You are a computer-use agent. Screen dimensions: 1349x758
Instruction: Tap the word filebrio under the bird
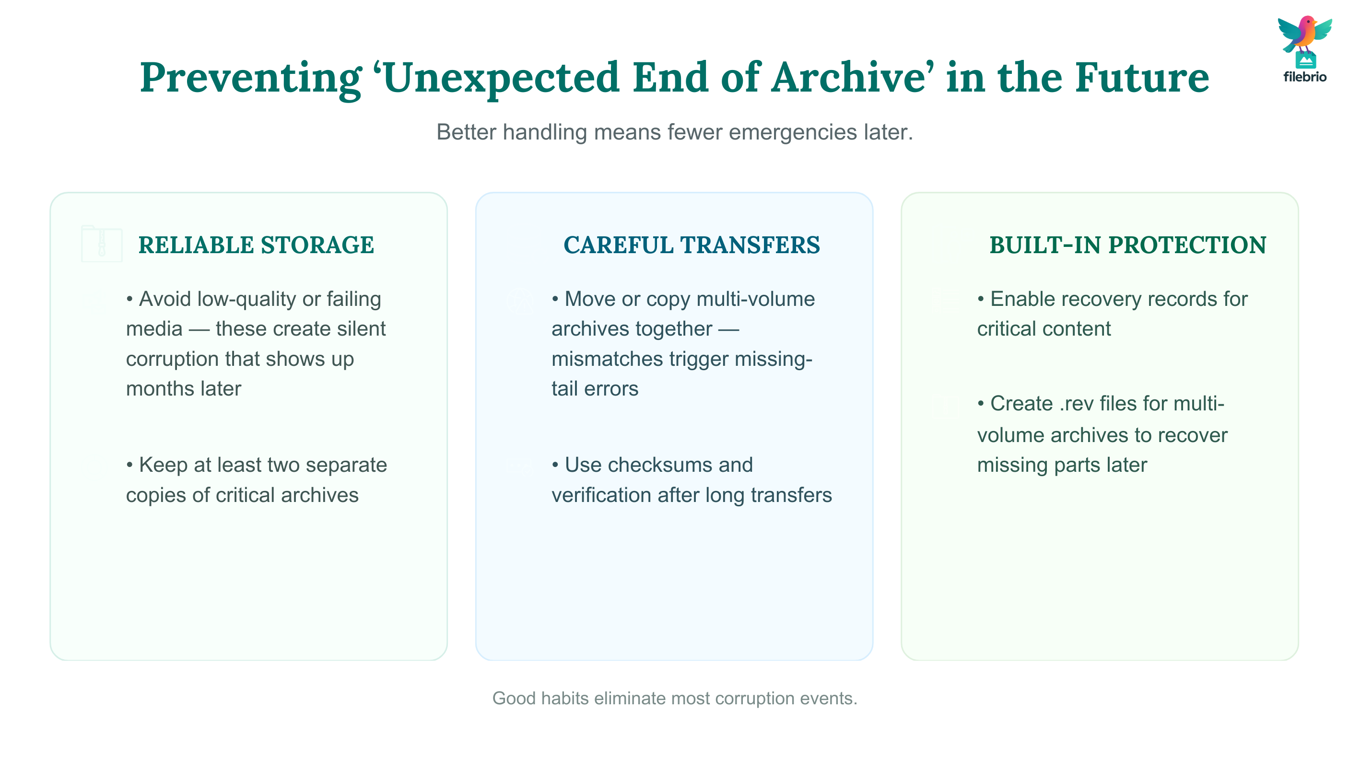pyautogui.click(x=1304, y=77)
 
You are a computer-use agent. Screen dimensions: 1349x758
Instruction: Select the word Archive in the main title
pyautogui.click(x=848, y=78)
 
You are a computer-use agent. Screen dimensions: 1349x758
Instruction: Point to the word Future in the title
pyautogui.click(x=1142, y=78)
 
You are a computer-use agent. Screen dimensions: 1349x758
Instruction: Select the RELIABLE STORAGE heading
pyautogui.click(x=256, y=245)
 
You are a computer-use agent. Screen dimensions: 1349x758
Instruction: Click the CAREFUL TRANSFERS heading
pyautogui.click(x=692, y=245)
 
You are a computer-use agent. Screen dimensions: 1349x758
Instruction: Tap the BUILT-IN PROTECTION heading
pyautogui.click(x=1128, y=245)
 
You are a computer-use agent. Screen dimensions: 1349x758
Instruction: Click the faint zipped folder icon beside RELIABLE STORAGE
pyautogui.click(x=102, y=244)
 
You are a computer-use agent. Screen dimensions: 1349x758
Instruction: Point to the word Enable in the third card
pyautogui.click(x=1021, y=300)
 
